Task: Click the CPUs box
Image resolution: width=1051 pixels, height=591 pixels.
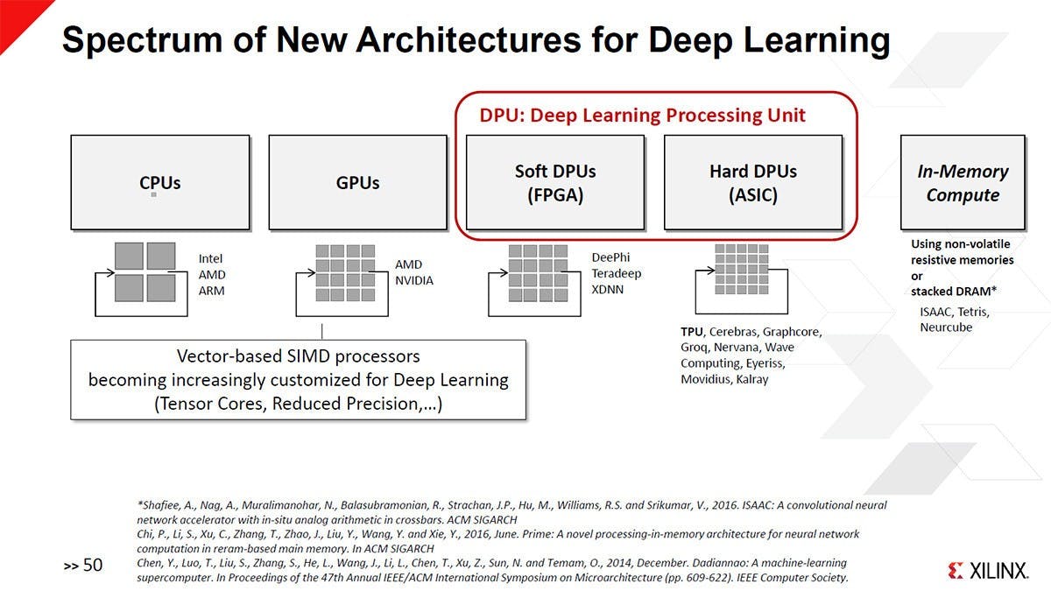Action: point(160,182)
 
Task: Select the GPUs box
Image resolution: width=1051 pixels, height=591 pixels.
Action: point(357,182)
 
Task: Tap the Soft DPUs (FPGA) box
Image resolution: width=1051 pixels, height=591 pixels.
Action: point(555,182)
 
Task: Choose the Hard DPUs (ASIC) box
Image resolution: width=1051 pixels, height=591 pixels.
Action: point(753,182)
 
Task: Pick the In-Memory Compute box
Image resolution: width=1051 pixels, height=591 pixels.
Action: point(963,182)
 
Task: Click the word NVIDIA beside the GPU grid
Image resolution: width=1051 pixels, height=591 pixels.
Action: point(414,281)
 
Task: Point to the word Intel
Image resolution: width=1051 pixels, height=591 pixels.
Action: point(210,258)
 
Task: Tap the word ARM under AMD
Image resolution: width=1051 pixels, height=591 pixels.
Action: point(211,290)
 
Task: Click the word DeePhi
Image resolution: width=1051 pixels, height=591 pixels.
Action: point(610,257)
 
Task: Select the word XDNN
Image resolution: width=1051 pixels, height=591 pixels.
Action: point(608,289)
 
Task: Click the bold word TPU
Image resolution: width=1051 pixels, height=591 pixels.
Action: point(692,332)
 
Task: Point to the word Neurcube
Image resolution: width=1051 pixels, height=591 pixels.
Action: point(946,327)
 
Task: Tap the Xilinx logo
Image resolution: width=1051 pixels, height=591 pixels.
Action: point(987,571)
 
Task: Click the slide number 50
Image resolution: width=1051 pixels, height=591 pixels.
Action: point(92,566)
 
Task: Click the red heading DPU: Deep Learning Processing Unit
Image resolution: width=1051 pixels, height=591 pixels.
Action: point(642,115)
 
